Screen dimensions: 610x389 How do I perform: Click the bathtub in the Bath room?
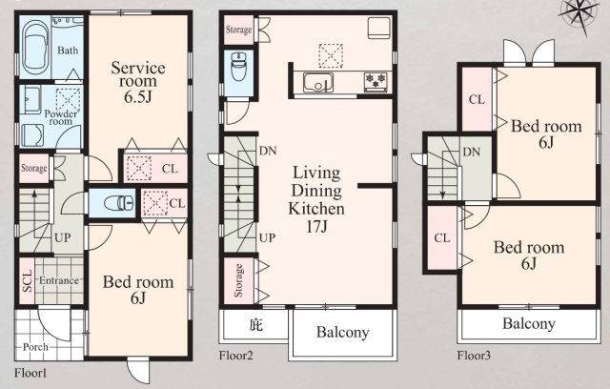[35, 48]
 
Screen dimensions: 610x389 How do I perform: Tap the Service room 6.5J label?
[138, 82]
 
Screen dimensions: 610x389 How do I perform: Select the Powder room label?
[60, 117]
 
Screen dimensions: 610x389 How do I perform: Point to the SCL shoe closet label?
[27, 281]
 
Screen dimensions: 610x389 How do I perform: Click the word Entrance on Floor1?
[59, 280]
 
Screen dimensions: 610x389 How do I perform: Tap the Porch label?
[35, 347]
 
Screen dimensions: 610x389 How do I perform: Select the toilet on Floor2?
[237, 66]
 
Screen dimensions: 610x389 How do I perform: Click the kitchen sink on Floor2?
[318, 82]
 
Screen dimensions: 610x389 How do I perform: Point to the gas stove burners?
[376, 82]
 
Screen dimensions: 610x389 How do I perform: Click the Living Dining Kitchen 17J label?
[316, 198]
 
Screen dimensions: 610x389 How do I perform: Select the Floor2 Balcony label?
[342, 332]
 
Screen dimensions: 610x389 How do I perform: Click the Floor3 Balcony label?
[529, 323]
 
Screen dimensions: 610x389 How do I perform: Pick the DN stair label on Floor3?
[471, 153]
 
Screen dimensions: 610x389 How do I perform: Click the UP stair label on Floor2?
[267, 237]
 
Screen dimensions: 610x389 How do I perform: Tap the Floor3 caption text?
[474, 356]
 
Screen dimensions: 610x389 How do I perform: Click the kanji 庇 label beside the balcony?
[256, 324]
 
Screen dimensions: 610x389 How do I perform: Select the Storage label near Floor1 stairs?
[34, 168]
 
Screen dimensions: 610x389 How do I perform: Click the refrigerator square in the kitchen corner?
[379, 28]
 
